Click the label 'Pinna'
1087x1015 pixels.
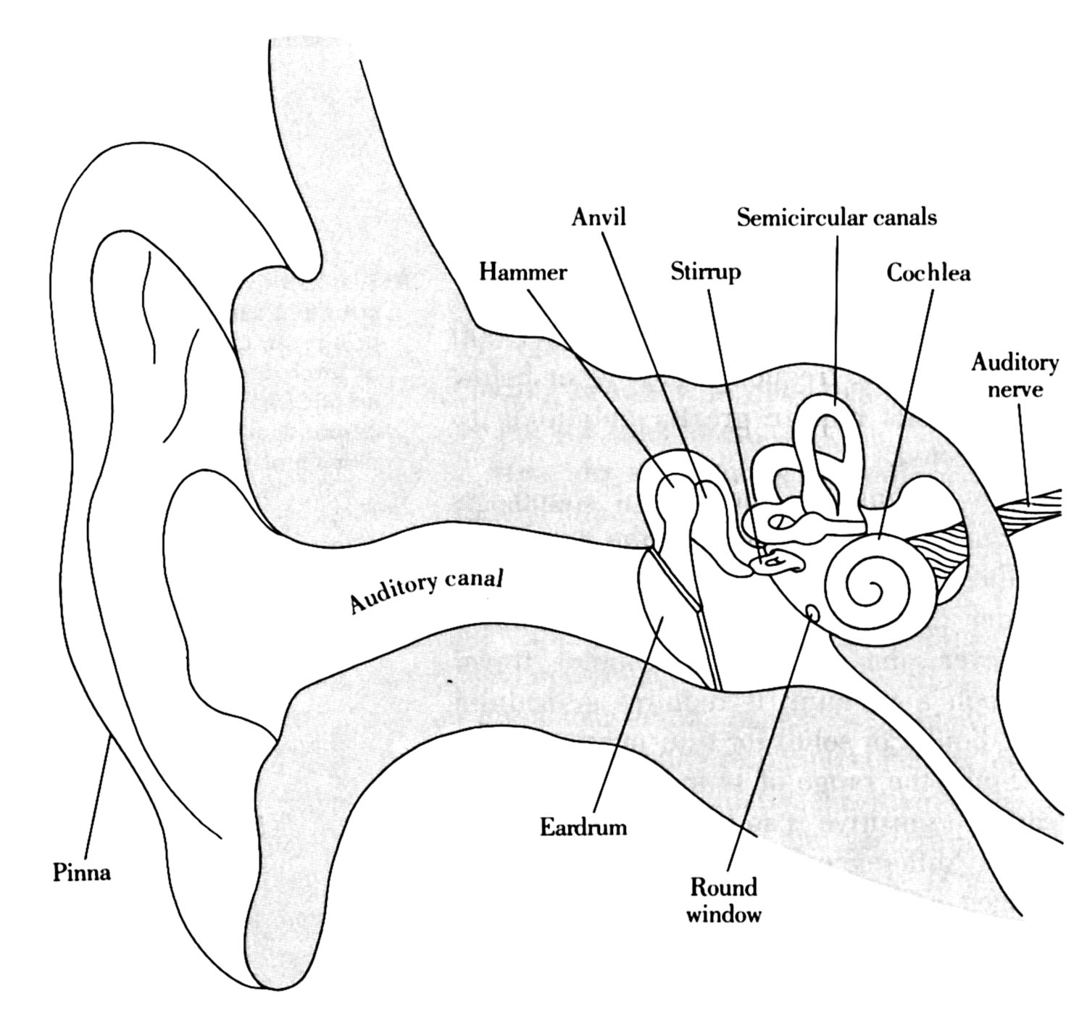coord(82,872)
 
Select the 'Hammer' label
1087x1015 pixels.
coord(522,272)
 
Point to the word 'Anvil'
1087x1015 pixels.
coord(598,217)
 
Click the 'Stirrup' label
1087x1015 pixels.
coord(705,272)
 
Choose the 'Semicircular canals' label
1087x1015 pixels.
coord(837,217)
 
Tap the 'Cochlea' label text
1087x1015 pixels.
coord(928,272)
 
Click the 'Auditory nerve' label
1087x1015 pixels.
coord(1015,375)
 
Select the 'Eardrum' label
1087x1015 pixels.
coord(583,827)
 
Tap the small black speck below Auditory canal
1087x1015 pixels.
coord(450,682)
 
